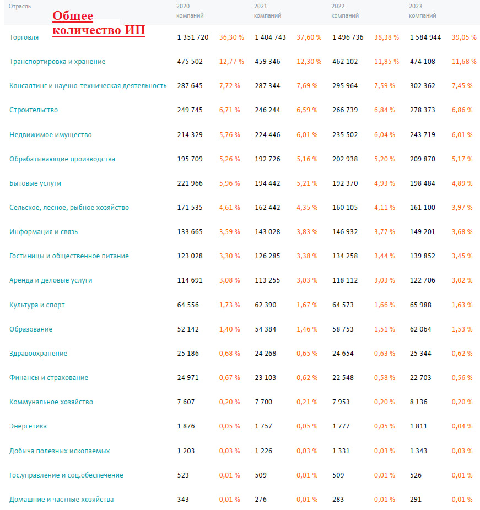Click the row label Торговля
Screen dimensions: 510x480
24,37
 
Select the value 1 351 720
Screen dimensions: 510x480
193,37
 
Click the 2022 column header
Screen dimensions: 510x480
338,6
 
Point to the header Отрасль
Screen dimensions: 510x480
20,6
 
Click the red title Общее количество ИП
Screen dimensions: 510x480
99,23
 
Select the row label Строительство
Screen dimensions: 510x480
34,110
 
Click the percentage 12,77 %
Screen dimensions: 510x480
231,62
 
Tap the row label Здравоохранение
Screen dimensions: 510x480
39,354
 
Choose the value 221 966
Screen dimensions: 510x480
190,183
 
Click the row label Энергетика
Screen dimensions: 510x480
28,426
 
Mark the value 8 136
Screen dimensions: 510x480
419,402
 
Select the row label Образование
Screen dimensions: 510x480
31,329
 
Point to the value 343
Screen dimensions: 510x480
183,500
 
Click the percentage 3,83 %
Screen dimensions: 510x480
307,232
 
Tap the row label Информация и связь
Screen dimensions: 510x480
44,232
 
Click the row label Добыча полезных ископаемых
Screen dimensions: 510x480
60,451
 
